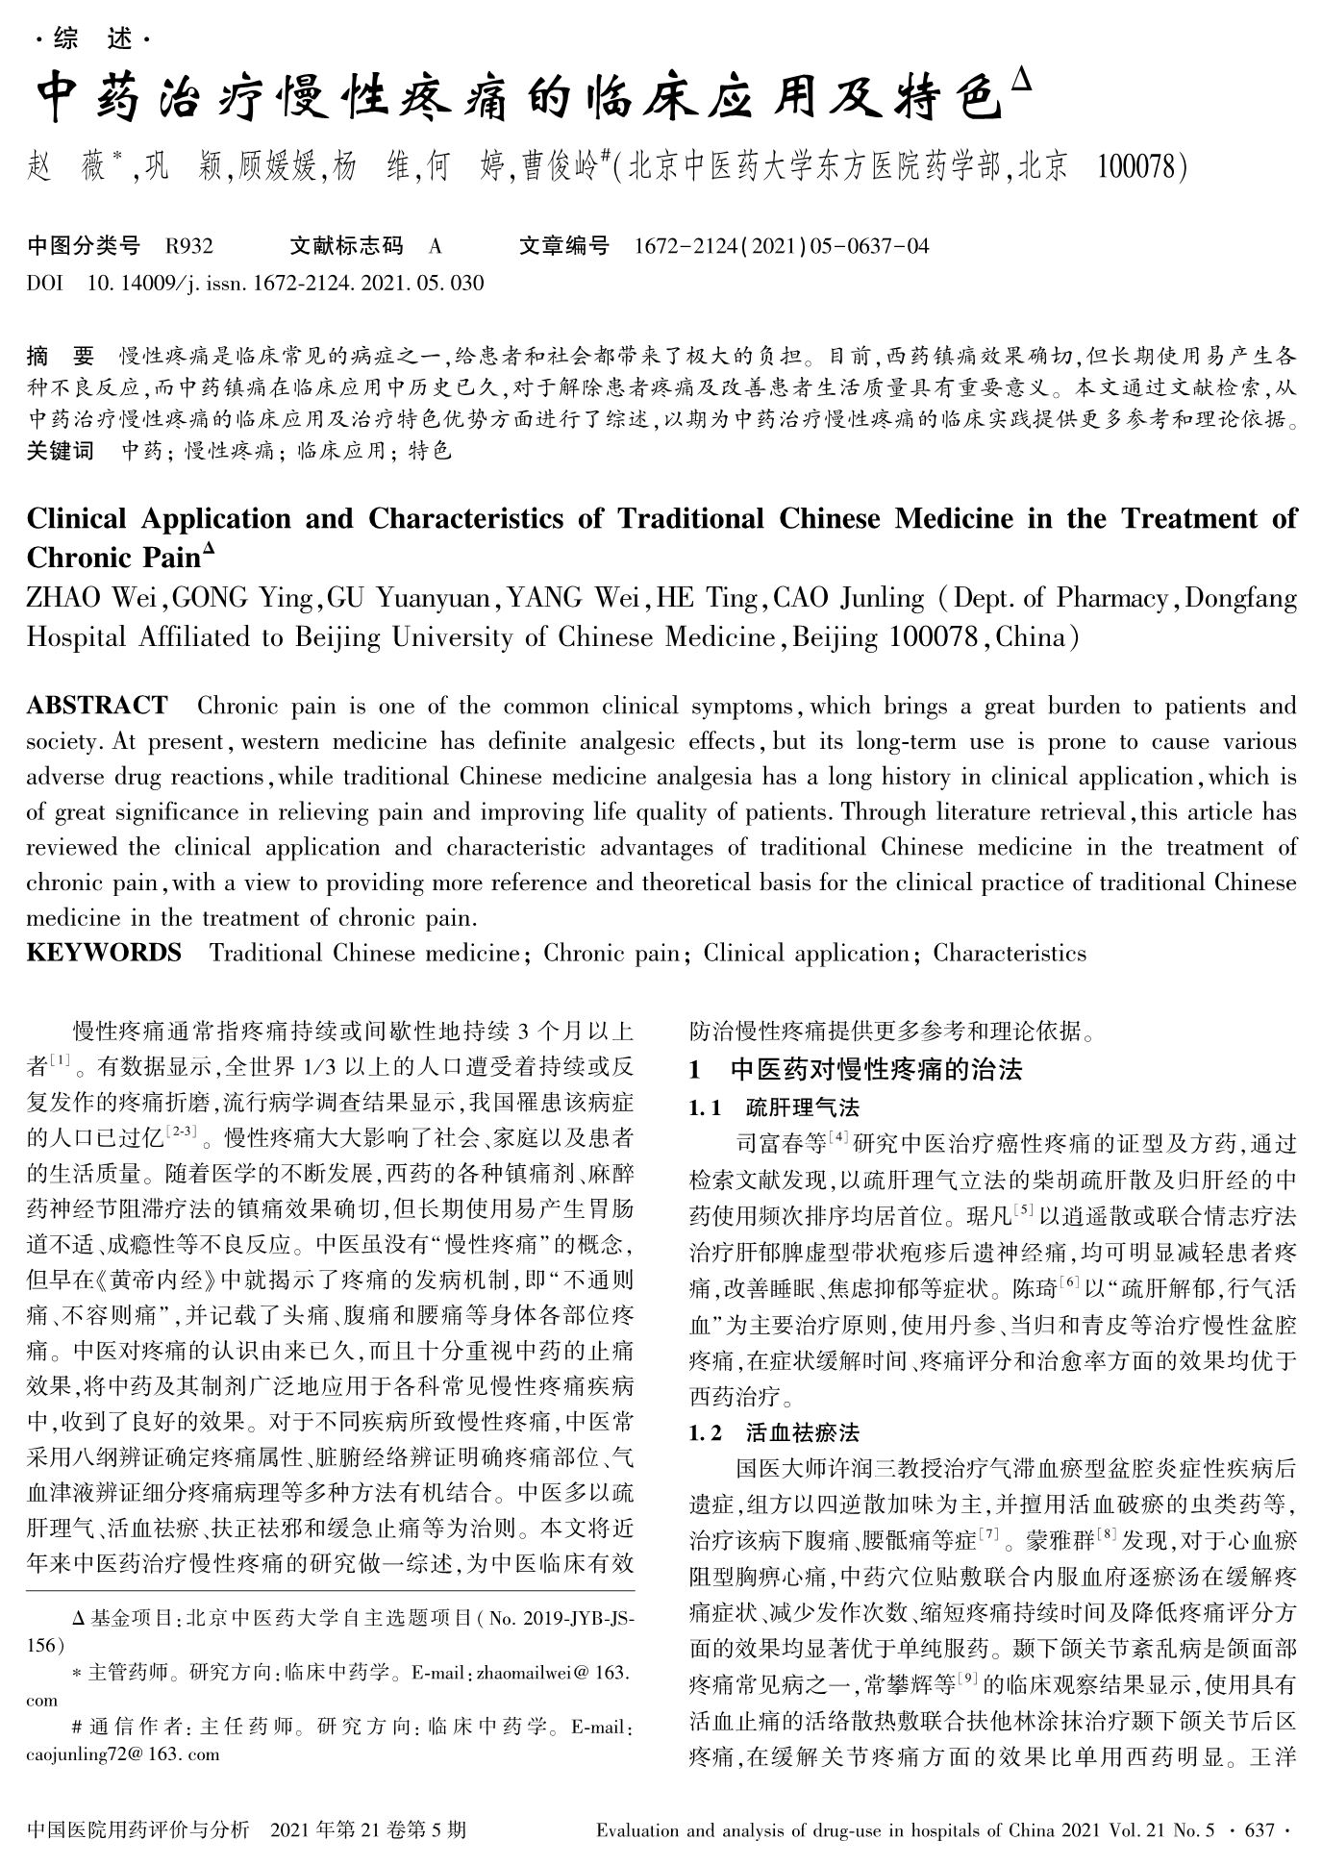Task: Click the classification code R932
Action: click(188, 246)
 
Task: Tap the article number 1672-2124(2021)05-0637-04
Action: click(782, 246)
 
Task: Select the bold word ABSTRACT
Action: click(97, 706)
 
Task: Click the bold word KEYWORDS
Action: click(104, 953)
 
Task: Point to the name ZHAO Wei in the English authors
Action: click(95, 598)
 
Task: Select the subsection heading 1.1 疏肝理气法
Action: click(774, 1107)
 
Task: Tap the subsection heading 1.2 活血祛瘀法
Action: click(774, 1432)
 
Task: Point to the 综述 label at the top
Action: click(92, 39)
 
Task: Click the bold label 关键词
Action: click(61, 450)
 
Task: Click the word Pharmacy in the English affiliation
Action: click(1111, 598)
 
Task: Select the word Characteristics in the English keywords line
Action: click(1010, 953)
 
